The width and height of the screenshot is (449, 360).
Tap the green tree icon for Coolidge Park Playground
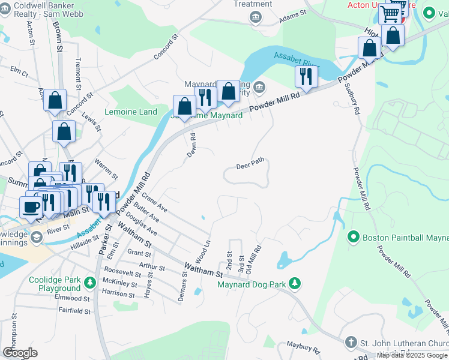89,282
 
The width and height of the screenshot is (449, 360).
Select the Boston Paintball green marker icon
354,237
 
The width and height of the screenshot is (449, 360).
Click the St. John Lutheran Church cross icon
351,343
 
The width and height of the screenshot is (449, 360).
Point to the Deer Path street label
250,166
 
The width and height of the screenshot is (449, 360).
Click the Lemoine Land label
131,112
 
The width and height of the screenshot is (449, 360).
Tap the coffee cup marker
31,206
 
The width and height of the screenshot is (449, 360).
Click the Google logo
20,352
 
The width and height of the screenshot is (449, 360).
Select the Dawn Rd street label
191,145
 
